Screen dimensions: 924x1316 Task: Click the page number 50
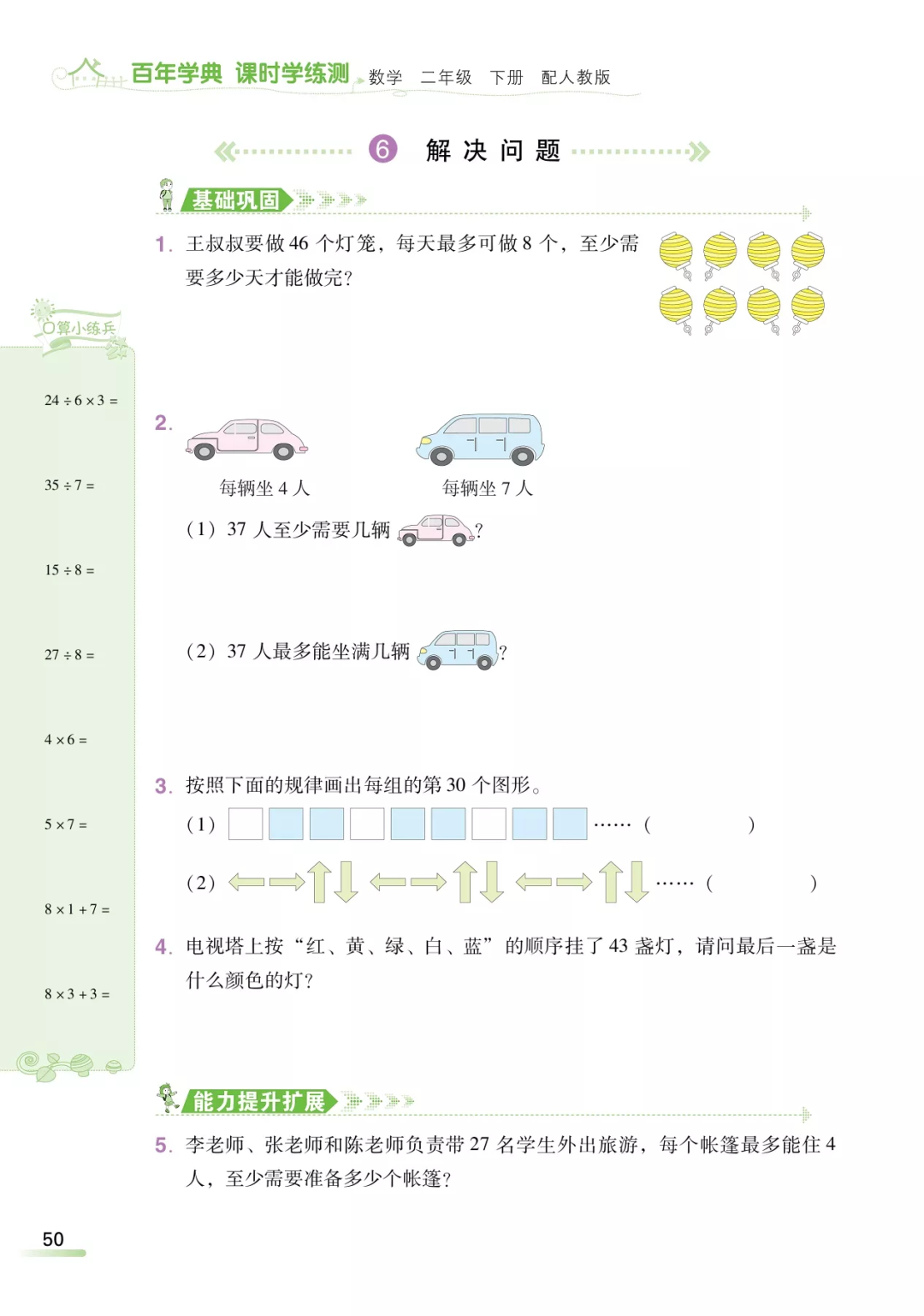click(x=53, y=1239)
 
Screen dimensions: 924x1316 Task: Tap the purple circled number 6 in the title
click(x=382, y=149)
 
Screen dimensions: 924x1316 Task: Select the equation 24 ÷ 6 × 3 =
click(x=80, y=401)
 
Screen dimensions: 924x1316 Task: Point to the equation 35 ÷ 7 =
click(x=69, y=485)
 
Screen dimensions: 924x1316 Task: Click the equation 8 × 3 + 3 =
click(x=77, y=994)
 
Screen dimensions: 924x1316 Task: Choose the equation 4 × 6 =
click(x=66, y=740)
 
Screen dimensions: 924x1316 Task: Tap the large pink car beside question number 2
click(x=246, y=439)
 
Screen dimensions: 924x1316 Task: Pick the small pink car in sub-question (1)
click(x=435, y=530)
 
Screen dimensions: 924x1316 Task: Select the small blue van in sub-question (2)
click(x=459, y=650)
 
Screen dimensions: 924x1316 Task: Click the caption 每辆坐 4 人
click(x=264, y=488)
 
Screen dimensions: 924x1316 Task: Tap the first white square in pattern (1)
click(x=246, y=824)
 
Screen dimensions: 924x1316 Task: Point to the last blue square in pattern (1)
click(x=570, y=824)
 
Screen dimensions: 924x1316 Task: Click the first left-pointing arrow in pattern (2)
click(x=246, y=882)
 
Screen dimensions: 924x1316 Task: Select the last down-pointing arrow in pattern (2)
click(x=637, y=882)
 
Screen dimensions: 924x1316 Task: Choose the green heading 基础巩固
click(x=235, y=200)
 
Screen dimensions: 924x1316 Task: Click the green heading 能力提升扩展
click(x=258, y=1101)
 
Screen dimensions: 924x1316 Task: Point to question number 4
click(x=163, y=947)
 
